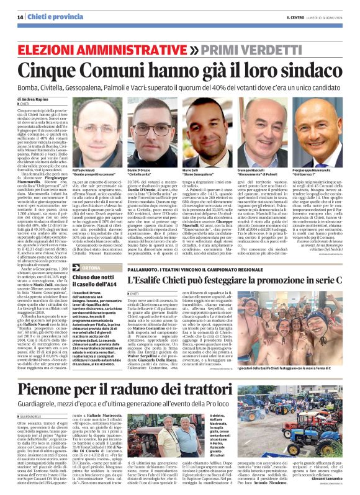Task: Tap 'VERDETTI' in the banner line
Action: (x=265, y=49)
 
